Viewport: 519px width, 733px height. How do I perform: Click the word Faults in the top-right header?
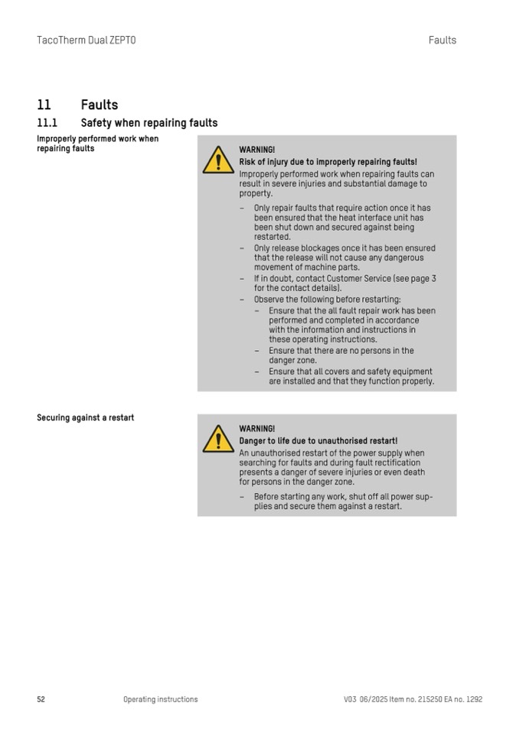tap(442, 40)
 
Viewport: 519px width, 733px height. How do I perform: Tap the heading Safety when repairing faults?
tap(149, 122)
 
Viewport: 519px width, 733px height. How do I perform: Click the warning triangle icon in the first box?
tap(218, 161)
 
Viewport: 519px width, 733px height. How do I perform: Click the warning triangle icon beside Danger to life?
tap(218, 439)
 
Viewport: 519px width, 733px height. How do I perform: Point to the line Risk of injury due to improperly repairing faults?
tap(328, 162)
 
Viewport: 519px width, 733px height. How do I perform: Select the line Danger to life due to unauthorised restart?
tap(318, 441)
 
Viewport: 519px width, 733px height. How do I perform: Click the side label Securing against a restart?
tap(85, 417)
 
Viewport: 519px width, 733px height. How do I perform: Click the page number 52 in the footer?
tap(41, 699)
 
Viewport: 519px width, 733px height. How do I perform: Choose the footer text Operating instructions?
tap(160, 699)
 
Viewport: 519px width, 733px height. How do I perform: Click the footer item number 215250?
tap(429, 699)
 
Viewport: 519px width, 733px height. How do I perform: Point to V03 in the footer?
tap(351, 699)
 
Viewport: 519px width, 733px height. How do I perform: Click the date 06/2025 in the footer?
tap(375, 699)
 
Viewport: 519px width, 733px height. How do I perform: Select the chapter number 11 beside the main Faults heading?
tap(44, 105)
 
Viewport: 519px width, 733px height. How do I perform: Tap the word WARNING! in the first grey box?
tap(256, 150)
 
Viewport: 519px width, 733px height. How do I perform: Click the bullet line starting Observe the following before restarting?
tap(327, 300)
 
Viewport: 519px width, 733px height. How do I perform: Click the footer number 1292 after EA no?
tap(474, 699)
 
